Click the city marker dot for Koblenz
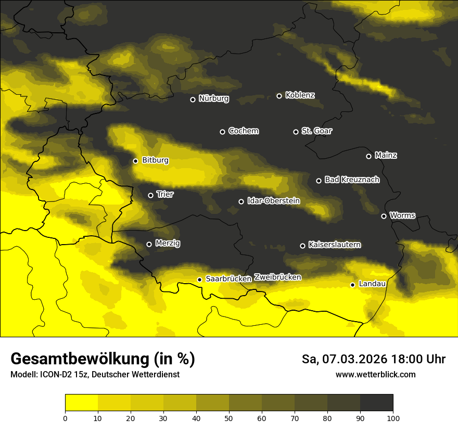pyautogui.click(x=279, y=96)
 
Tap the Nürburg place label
pyautogui.click(x=213, y=99)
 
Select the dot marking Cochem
pyautogui.click(x=222, y=132)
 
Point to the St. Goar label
pyautogui.click(x=316, y=131)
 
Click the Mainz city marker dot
pyautogui.click(x=368, y=156)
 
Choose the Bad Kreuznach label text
pyautogui.click(x=352, y=180)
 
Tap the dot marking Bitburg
pyautogui.click(x=135, y=161)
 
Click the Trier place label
pyautogui.click(x=165, y=195)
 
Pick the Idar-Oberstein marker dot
pyautogui.click(x=241, y=201)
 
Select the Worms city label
pyautogui.click(x=402, y=215)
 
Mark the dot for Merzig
pyautogui.click(x=149, y=244)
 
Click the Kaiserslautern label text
pyautogui.click(x=334, y=245)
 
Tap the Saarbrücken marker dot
pyautogui.click(x=199, y=279)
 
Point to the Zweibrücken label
pyautogui.click(x=277, y=277)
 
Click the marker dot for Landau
pyautogui.click(x=352, y=285)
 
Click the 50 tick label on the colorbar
pyautogui.click(x=229, y=418)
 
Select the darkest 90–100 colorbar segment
pyautogui.click(x=376, y=402)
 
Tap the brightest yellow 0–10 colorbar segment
pyautogui.click(x=81, y=402)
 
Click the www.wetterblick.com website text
pyautogui.click(x=375, y=375)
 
